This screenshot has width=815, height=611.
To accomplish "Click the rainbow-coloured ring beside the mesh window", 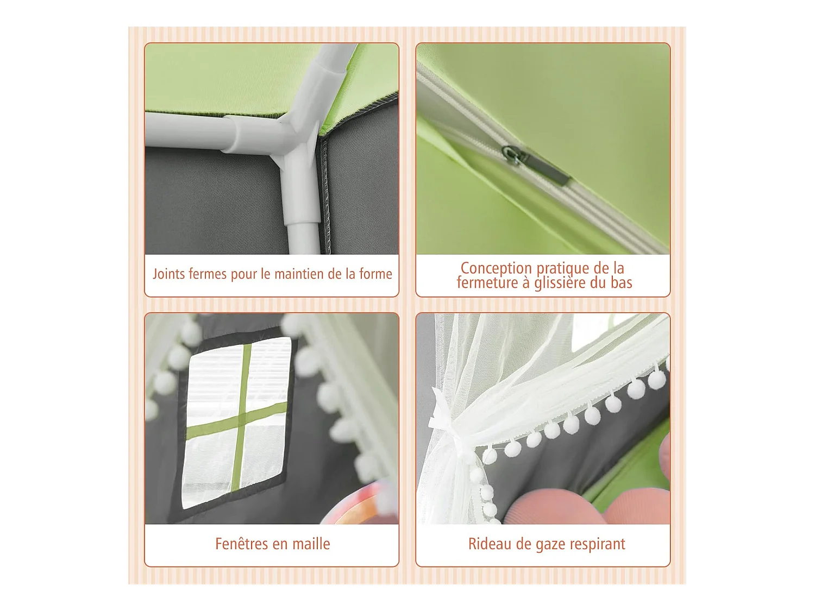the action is click(356, 505).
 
